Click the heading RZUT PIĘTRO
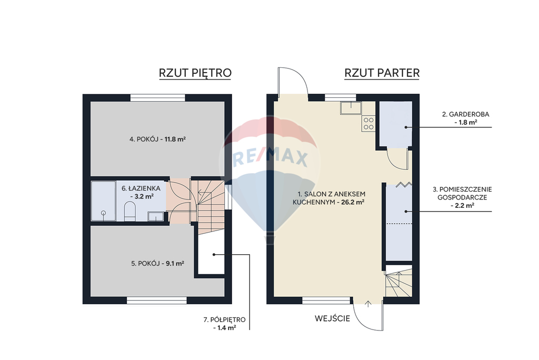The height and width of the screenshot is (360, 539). tap(195, 73)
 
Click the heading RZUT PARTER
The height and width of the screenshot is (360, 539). tap(382, 73)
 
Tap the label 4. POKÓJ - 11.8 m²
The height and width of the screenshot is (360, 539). tap(157, 139)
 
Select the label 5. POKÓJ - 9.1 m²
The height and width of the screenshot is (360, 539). tap(157, 263)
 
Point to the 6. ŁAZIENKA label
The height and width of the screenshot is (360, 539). tap(141, 192)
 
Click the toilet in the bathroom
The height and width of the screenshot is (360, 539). tap(129, 212)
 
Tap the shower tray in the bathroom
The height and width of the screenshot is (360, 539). tap(103, 201)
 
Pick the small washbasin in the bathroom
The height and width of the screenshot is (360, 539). tap(156, 217)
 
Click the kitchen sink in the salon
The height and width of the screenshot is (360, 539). tap(351, 107)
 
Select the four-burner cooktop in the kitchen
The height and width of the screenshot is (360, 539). tap(368, 124)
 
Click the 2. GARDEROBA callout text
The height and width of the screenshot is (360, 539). tap(465, 118)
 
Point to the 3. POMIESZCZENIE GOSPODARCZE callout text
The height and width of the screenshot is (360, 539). tap(462, 197)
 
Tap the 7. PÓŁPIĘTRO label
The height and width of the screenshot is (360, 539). tap(224, 323)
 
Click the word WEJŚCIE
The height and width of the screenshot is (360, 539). tap(332, 318)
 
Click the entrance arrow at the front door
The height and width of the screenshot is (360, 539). tap(368, 304)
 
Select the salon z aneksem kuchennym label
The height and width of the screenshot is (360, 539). tap(329, 198)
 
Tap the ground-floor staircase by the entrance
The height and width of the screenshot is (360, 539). tap(398, 281)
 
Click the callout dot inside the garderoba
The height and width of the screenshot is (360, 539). tap(406, 127)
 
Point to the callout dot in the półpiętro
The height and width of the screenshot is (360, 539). tap(214, 255)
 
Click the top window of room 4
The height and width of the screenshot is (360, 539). tap(158, 98)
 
